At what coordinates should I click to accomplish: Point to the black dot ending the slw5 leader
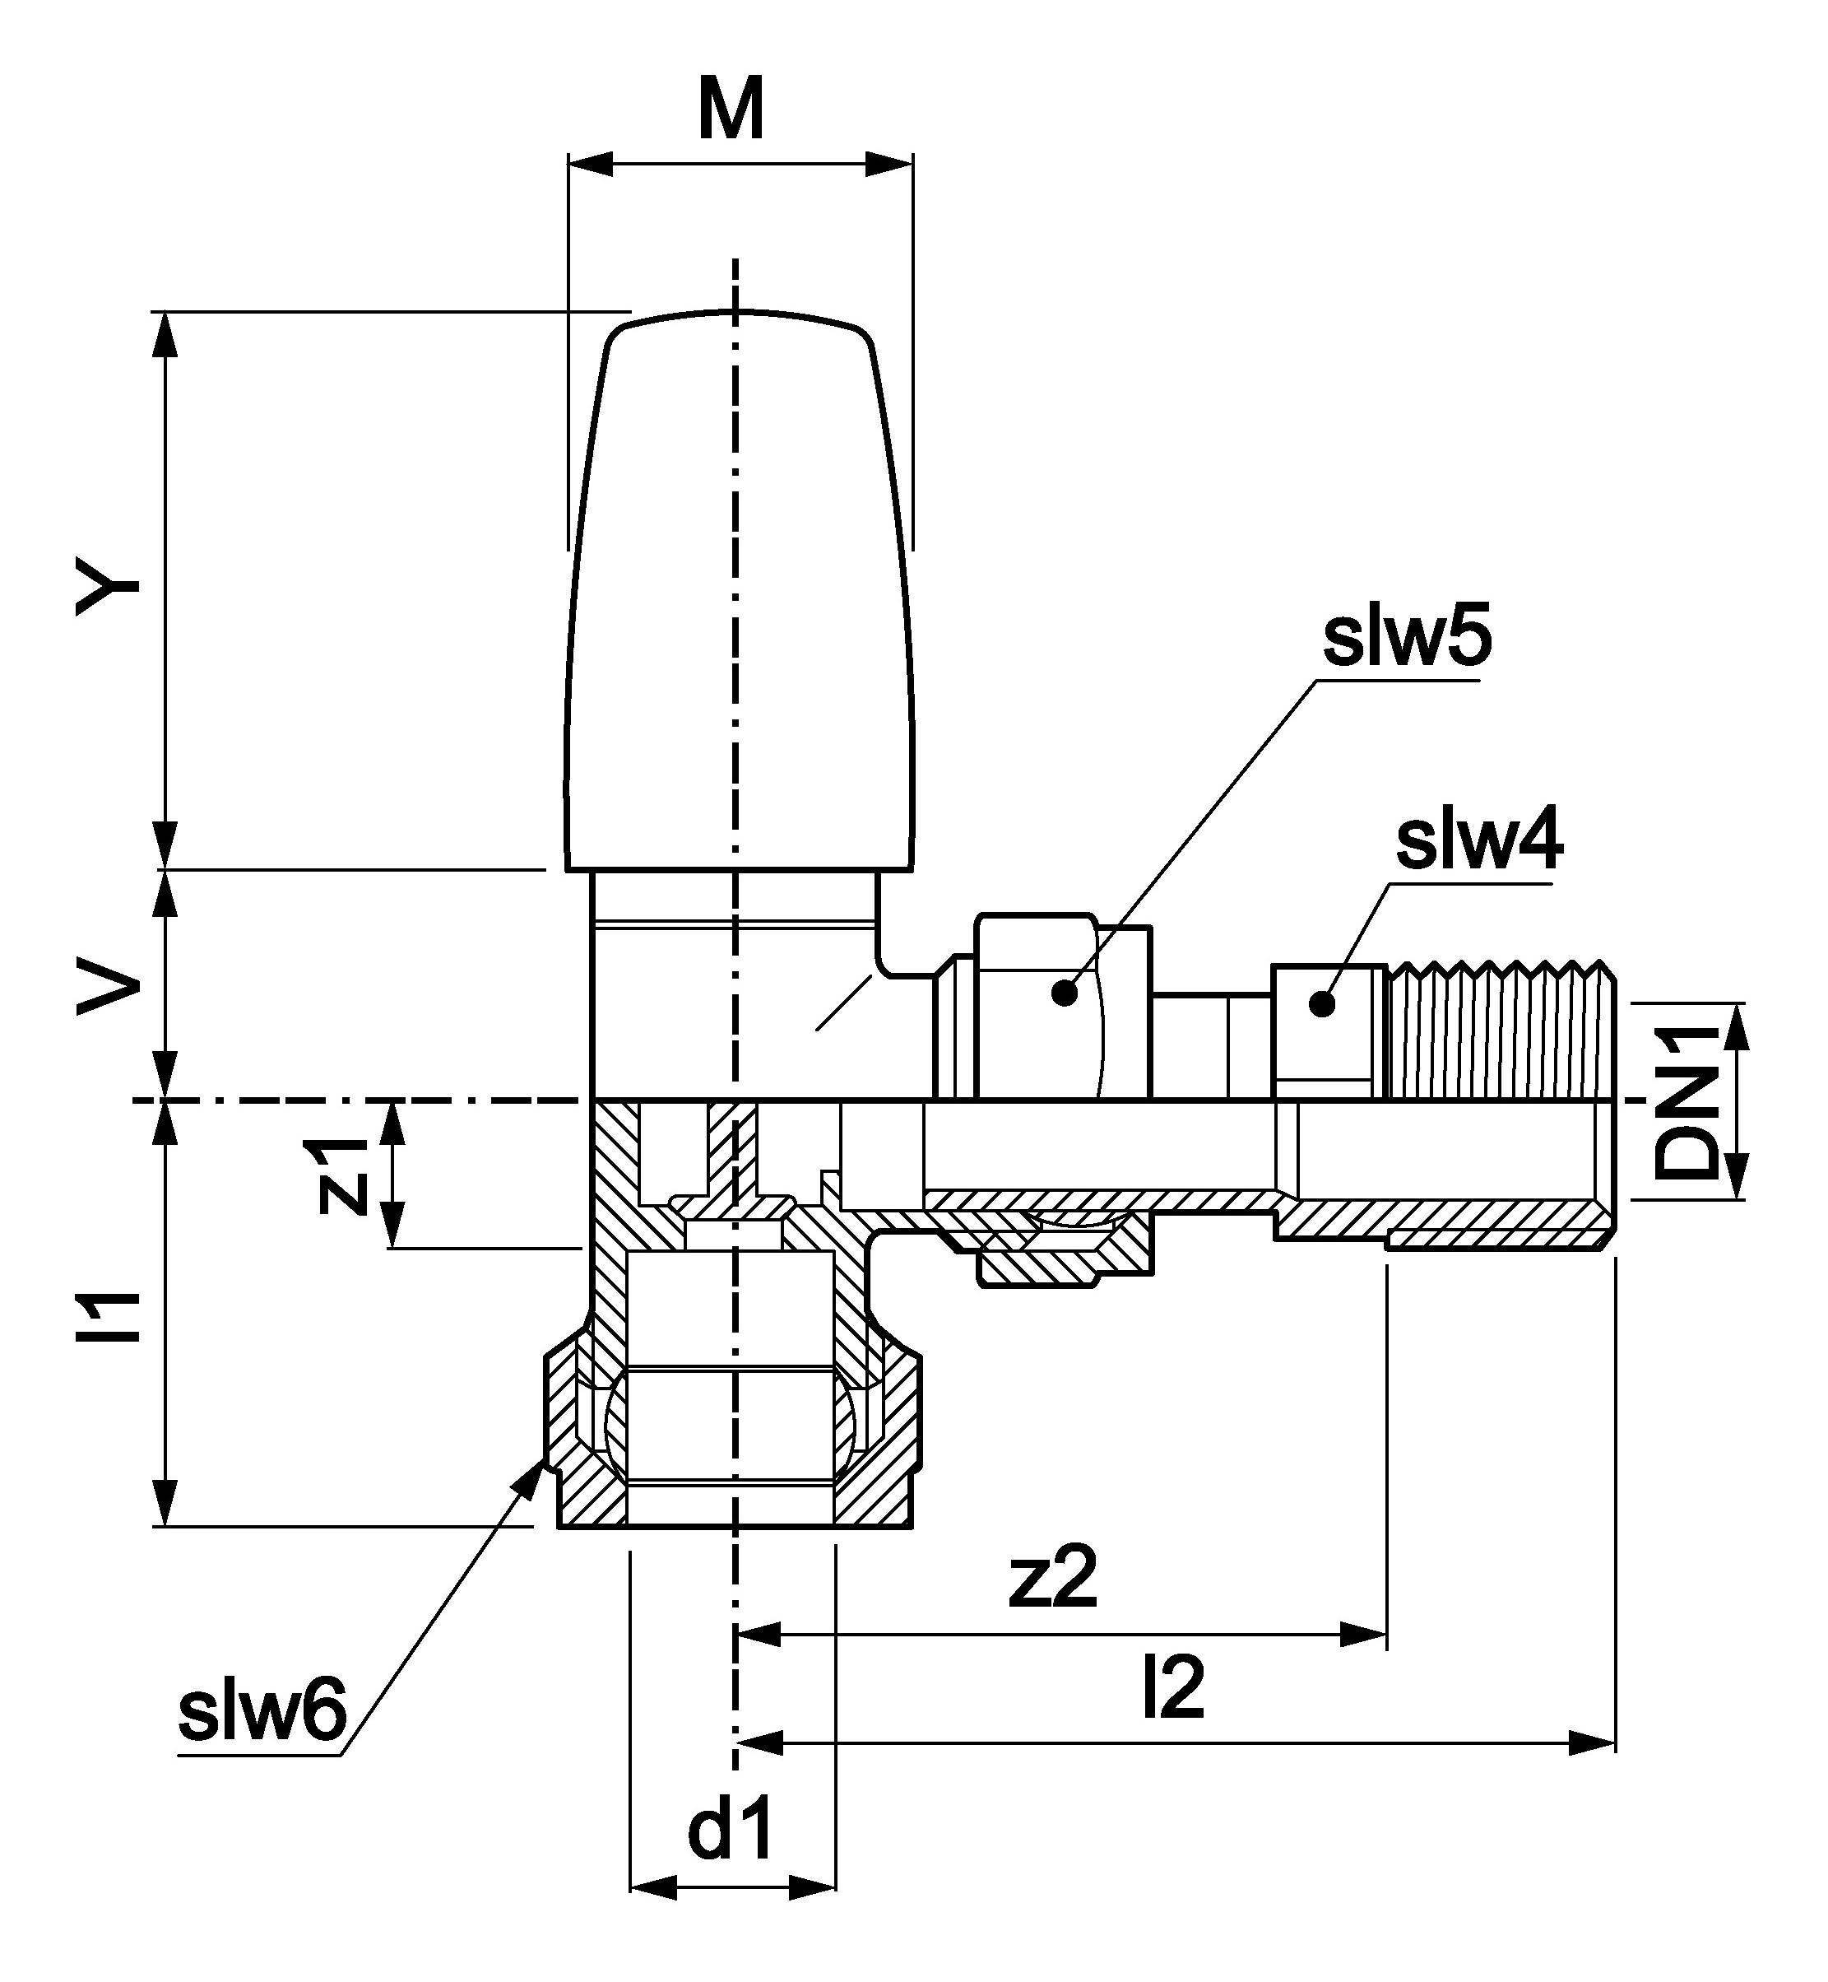(x=1065, y=993)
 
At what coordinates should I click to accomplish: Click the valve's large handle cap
(x=737, y=593)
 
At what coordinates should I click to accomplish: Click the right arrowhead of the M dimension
(x=890, y=165)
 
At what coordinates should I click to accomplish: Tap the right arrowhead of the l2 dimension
(x=1594, y=1742)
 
